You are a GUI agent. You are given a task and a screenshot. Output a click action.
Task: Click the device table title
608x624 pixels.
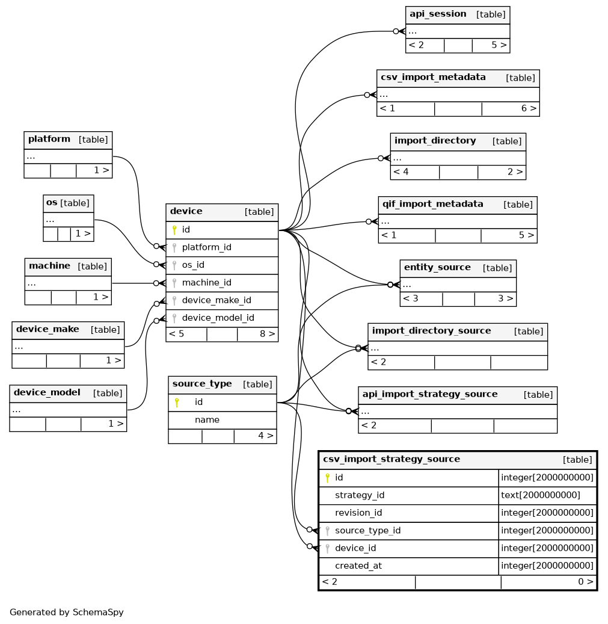pyautogui.click(x=186, y=211)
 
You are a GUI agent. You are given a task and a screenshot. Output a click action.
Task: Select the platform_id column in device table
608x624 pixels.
pyautogui.click(x=206, y=247)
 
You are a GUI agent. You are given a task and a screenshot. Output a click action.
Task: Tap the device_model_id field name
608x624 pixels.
pyautogui.click(x=218, y=318)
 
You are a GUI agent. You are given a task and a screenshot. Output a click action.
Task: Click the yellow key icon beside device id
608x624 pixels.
pyautogui.click(x=174, y=230)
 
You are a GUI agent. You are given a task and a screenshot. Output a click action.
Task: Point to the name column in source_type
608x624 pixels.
pyautogui.click(x=207, y=420)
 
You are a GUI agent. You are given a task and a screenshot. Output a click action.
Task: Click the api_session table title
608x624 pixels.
pyautogui.click(x=438, y=14)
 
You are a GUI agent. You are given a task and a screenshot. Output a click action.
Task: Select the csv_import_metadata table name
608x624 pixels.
pyautogui.click(x=433, y=77)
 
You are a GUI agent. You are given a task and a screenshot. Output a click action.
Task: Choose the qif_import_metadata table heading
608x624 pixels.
pyautogui.click(x=432, y=204)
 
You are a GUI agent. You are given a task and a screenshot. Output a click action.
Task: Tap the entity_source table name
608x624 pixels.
pyautogui.click(x=437, y=267)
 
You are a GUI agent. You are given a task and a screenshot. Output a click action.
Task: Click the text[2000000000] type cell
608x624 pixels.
pyautogui.click(x=541, y=495)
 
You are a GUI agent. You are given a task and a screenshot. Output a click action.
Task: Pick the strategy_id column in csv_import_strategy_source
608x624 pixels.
pyautogui.click(x=360, y=495)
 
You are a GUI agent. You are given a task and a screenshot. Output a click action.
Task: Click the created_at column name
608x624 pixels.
pyautogui.click(x=358, y=566)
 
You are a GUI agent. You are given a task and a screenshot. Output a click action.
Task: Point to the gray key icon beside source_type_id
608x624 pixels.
pyautogui.click(x=327, y=531)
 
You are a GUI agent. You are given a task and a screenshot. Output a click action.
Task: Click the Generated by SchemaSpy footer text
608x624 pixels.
pyautogui.click(x=66, y=612)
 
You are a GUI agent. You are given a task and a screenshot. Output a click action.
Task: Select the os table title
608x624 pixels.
pyautogui.click(x=52, y=203)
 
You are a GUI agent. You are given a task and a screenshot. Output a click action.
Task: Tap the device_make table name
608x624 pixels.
pyautogui.click(x=48, y=330)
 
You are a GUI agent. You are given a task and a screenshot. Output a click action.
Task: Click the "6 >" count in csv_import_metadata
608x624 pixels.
pyautogui.click(x=529, y=108)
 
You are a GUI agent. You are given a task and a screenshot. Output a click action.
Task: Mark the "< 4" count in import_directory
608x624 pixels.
pyautogui.click(x=401, y=172)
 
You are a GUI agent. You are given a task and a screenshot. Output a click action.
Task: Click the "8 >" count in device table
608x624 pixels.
pyautogui.click(x=267, y=334)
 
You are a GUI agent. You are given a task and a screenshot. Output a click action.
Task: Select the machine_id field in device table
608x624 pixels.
pyautogui.click(x=206, y=283)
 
